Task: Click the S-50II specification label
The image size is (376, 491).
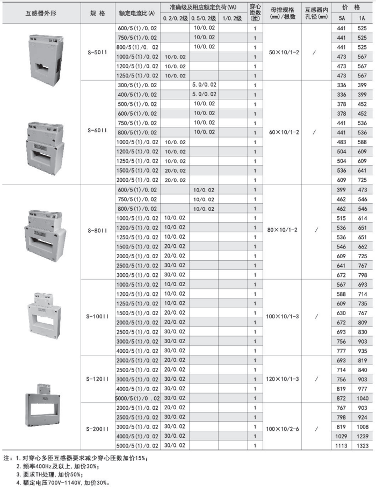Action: [97, 54]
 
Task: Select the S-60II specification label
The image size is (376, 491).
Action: [97, 132]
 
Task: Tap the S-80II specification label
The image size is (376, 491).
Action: [97, 230]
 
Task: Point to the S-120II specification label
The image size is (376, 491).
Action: [97, 378]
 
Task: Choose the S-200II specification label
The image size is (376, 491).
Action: [97, 429]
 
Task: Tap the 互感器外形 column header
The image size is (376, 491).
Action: [41, 12]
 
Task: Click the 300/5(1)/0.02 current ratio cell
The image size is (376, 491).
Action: [138, 85]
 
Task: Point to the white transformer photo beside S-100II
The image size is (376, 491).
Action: [41, 312]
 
